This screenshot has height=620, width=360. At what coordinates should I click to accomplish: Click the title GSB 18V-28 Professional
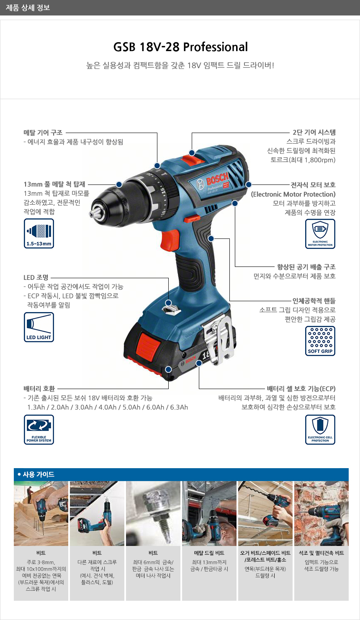[x=180, y=47]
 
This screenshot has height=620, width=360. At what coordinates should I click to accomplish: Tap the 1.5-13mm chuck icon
[x=39, y=233]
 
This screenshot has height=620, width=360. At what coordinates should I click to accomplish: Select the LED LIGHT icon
[x=39, y=327]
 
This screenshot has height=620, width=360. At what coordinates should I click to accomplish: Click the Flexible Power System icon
[x=39, y=430]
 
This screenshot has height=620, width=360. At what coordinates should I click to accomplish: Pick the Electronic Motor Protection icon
[x=320, y=234]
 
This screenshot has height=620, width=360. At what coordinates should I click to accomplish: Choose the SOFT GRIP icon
[x=320, y=341]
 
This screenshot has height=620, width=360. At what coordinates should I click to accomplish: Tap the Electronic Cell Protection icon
[x=320, y=430]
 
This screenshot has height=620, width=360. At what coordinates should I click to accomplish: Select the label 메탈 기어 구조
[x=43, y=133]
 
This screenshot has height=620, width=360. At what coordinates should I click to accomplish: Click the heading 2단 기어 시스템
[x=314, y=132]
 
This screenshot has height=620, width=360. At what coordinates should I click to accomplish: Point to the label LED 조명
[x=36, y=277]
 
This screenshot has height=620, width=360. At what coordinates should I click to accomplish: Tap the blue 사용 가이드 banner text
[x=39, y=474]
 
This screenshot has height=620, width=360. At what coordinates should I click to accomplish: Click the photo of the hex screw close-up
[x=153, y=513]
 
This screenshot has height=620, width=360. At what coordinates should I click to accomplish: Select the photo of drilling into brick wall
[x=321, y=513]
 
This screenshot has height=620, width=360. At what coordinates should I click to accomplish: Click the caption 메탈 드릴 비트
[x=209, y=553]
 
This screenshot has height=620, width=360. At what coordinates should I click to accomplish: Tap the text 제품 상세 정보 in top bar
[x=28, y=8]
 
